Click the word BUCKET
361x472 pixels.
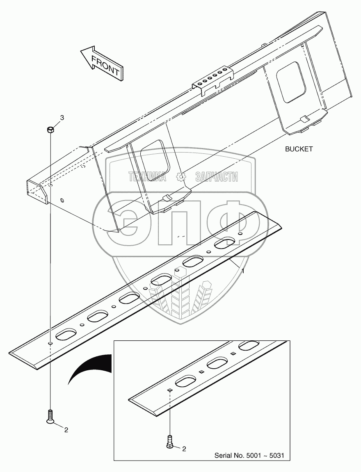pyautogui.click(x=299, y=149)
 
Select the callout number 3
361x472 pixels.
pyautogui.click(x=62, y=118)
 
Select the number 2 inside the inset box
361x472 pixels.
pyautogui.click(x=184, y=449)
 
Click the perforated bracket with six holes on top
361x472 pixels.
pyautogui.click(x=213, y=79)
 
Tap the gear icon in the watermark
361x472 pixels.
pyautogui.click(x=180, y=177)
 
